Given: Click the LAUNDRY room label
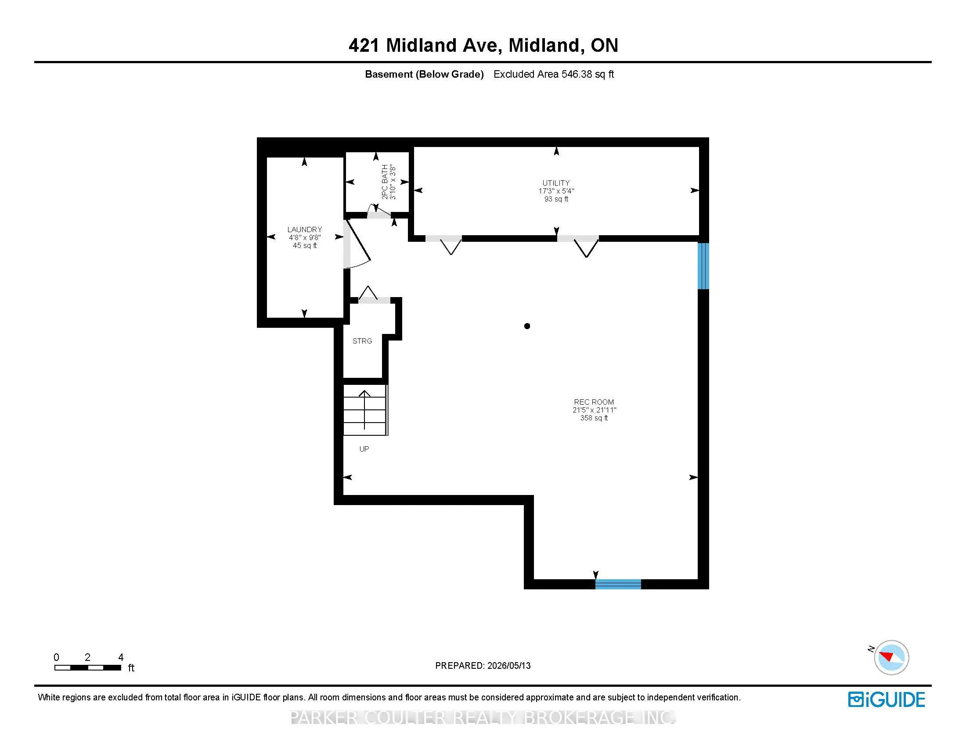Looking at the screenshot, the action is click(x=305, y=230).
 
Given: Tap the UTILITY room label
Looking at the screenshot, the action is click(x=556, y=183).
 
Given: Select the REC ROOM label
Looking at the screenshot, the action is click(x=594, y=402).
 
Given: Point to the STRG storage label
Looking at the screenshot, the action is click(x=362, y=341).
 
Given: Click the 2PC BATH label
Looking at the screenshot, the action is click(x=385, y=182).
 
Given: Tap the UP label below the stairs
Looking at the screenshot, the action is click(x=364, y=449).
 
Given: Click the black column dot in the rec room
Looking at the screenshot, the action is click(x=527, y=326).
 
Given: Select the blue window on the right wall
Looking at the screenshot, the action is click(x=703, y=265).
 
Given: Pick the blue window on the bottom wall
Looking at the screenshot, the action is click(x=618, y=584).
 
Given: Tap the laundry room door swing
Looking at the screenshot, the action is click(x=357, y=243).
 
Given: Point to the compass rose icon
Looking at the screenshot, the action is click(x=890, y=657).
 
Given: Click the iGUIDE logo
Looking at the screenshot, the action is click(x=887, y=699).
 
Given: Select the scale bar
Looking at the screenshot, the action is click(x=87, y=667).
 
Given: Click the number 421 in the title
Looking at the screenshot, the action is click(x=364, y=45).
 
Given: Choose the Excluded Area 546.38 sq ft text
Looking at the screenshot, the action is click(x=554, y=74).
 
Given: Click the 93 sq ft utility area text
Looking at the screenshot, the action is click(x=556, y=199).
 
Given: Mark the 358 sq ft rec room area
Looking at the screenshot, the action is click(x=594, y=418).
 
